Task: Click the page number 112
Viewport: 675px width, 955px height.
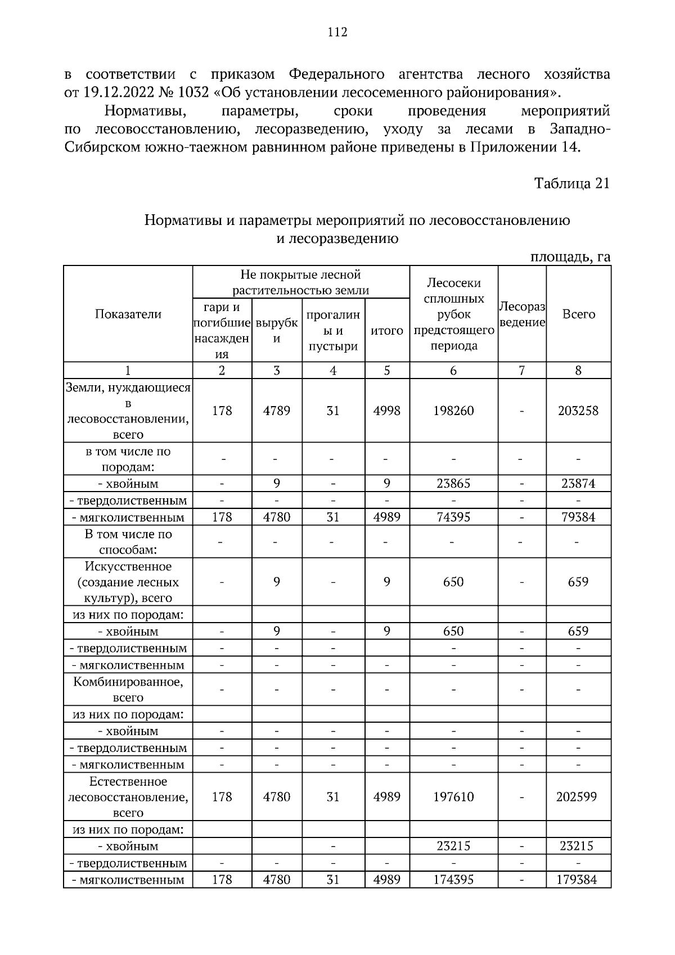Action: pos(337,32)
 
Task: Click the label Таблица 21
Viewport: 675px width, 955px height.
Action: pos(571,184)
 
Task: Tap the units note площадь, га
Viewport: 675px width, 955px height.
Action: pos(570,257)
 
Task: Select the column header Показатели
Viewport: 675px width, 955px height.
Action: pos(128,314)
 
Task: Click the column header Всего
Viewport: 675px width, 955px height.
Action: pos(578,314)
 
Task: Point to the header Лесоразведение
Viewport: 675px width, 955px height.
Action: pos(522,314)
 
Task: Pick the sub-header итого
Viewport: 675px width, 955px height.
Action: pos(387,330)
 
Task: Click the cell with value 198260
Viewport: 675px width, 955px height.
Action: pos(453,411)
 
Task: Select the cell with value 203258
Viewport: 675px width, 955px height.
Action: pos(578,411)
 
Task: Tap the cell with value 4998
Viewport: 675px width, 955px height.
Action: pos(387,411)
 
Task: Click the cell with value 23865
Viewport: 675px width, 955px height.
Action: pos(453,484)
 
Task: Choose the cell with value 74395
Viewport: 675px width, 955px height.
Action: pos(453,517)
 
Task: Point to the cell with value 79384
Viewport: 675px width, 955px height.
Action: pos(578,517)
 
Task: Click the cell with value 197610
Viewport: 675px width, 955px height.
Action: pos(453,797)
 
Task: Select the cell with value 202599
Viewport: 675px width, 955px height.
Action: pos(578,797)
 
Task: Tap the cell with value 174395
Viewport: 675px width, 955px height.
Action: pos(453,880)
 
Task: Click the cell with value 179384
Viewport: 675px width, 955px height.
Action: pos(578,880)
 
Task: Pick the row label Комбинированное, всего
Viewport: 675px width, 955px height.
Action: pos(128,690)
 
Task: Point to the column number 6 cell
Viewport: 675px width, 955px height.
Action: pos(453,371)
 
